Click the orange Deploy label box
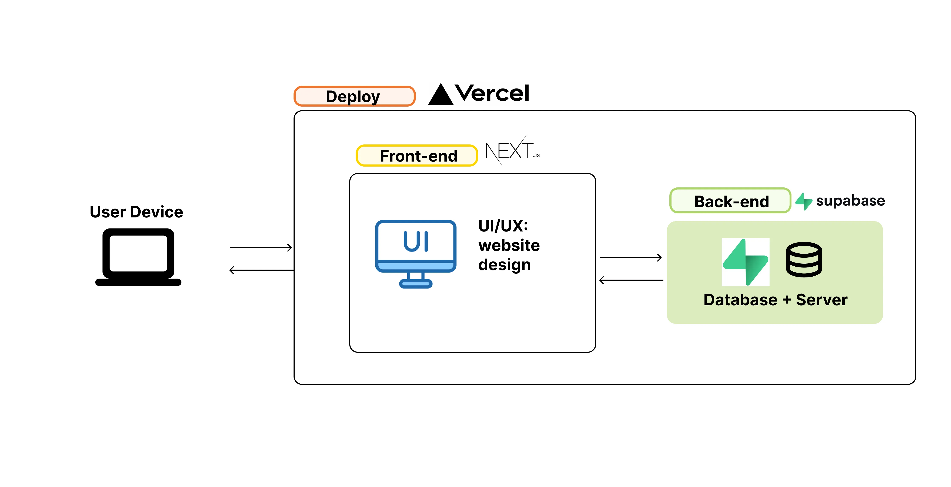[x=354, y=96]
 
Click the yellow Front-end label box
[x=417, y=156]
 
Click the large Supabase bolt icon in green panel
[x=745, y=262]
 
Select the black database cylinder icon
[x=804, y=260]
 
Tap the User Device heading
[x=136, y=212]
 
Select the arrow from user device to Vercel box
[x=261, y=247]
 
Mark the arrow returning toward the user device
[x=261, y=270]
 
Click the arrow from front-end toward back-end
[x=630, y=257]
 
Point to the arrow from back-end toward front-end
[x=631, y=280]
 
